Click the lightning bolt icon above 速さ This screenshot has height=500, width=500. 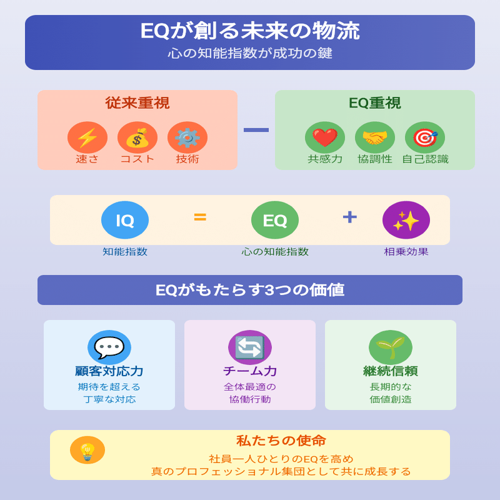tap(87, 137)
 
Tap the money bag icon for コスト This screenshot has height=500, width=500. tap(137, 137)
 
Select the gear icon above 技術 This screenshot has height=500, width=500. tap(187, 137)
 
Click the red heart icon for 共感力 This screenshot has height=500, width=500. tap(325, 137)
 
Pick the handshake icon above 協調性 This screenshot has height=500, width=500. tap(375, 137)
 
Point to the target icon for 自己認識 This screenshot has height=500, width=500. tap(425, 137)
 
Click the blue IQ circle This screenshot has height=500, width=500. tap(125, 220)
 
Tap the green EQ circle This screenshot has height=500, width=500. tap(275, 220)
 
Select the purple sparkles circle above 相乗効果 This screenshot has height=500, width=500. tap(406, 220)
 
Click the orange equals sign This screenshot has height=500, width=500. tap(200, 217)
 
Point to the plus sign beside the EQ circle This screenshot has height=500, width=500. tap(350, 217)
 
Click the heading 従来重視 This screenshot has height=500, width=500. tap(137, 103)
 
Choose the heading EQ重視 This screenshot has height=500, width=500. tap(375, 103)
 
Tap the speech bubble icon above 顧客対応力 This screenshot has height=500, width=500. tap(109, 347)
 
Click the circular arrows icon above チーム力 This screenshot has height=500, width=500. tap(250, 347)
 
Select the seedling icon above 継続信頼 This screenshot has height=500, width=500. tap(391, 347)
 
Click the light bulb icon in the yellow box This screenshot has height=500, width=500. tap(87, 450)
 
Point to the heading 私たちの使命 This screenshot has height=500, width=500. tap(281, 441)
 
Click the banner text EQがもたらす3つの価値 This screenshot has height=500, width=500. tap(250, 290)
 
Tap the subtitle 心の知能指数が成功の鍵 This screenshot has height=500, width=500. tap(250, 54)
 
